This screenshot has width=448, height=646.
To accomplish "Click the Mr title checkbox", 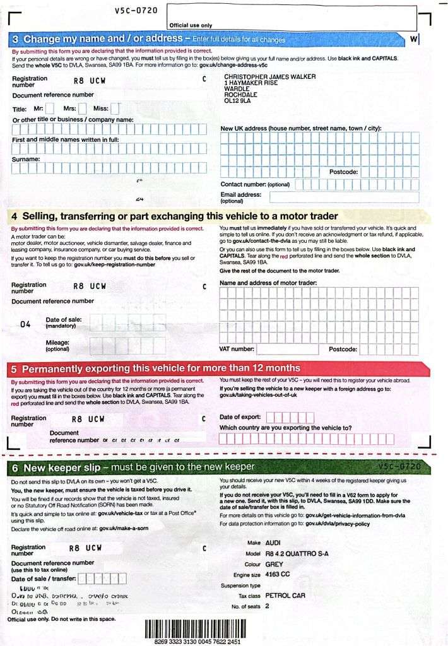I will coord(50,109).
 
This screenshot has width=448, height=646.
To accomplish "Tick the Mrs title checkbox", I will coord(82,109).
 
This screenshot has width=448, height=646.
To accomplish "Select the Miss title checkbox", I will coord(115,109).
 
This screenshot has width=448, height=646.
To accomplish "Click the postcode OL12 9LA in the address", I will coord(237,100).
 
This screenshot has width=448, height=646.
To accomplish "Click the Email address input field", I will coord(353,197).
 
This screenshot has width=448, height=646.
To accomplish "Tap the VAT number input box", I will coord(287,349).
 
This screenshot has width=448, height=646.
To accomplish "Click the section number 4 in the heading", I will coord(15,216).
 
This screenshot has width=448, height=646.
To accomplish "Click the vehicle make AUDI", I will coord(273,543).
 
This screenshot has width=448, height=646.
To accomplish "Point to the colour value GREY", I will coord(274,564).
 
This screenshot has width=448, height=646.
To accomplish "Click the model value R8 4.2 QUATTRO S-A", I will coord(297,553).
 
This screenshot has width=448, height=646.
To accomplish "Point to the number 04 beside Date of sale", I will coord(25,325).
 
